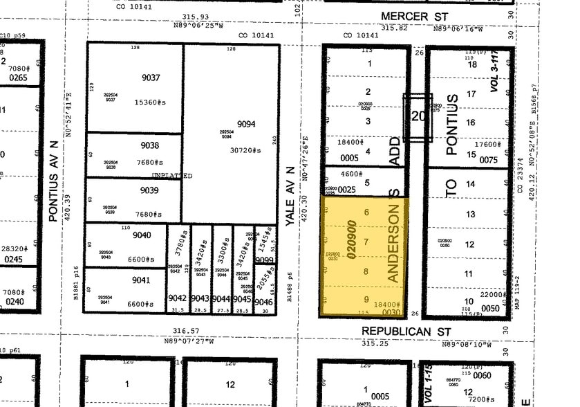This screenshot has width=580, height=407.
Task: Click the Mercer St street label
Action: (415, 15)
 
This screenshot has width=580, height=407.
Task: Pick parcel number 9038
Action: (149, 145)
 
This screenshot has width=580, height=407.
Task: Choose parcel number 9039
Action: (149, 190)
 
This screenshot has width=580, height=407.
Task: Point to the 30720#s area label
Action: (247, 150)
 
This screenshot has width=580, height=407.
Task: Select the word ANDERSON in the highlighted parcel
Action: (394, 246)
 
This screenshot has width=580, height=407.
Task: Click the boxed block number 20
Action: (418, 117)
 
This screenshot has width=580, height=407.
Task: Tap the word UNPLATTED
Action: (172, 176)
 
